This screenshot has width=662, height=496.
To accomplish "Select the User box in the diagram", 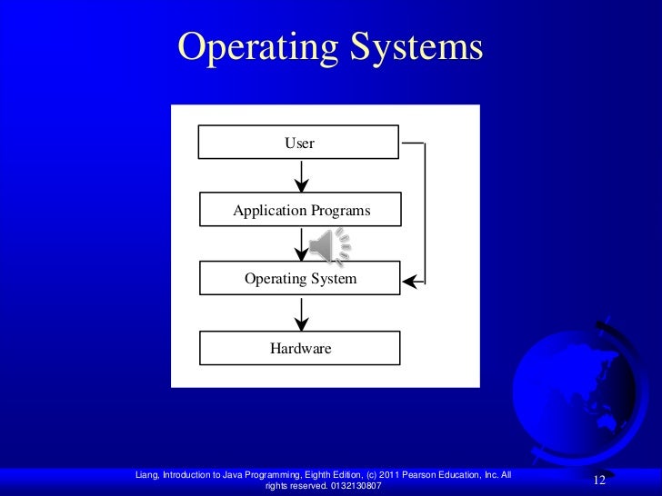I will pyautogui.click(x=299, y=144).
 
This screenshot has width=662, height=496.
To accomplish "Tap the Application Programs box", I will pyautogui.click(x=299, y=211).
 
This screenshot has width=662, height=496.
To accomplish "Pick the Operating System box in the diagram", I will pyautogui.click(x=299, y=279).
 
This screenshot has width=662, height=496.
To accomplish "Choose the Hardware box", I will pyautogui.click(x=299, y=348).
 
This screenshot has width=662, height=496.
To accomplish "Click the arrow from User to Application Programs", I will pyautogui.click(x=301, y=176).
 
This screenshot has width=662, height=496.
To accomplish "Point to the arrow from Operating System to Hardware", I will pyautogui.click(x=301, y=313).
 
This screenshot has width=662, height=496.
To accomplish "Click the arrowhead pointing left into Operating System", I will pyautogui.click(x=408, y=282).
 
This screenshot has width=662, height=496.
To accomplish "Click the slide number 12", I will pyautogui.click(x=598, y=480).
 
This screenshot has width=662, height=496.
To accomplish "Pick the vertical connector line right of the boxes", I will pyautogui.click(x=425, y=213).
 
